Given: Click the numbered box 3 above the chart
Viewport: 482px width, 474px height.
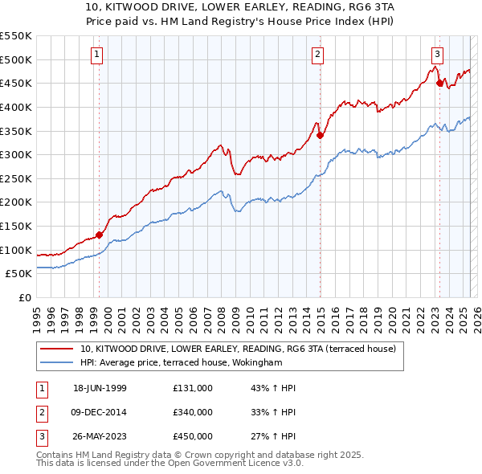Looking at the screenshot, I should (x=437, y=55).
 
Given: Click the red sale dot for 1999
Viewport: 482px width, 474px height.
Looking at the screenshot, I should (x=100, y=235).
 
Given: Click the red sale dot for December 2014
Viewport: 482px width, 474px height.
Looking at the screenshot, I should (x=320, y=135).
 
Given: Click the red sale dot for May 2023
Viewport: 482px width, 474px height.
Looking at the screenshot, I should (x=439, y=83).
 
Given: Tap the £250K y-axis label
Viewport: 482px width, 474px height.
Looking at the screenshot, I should (x=16, y=178).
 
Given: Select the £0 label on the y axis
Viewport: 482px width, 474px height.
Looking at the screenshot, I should (x=24, y=297).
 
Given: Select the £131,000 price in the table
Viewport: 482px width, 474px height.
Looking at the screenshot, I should (x=192, y=388).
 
